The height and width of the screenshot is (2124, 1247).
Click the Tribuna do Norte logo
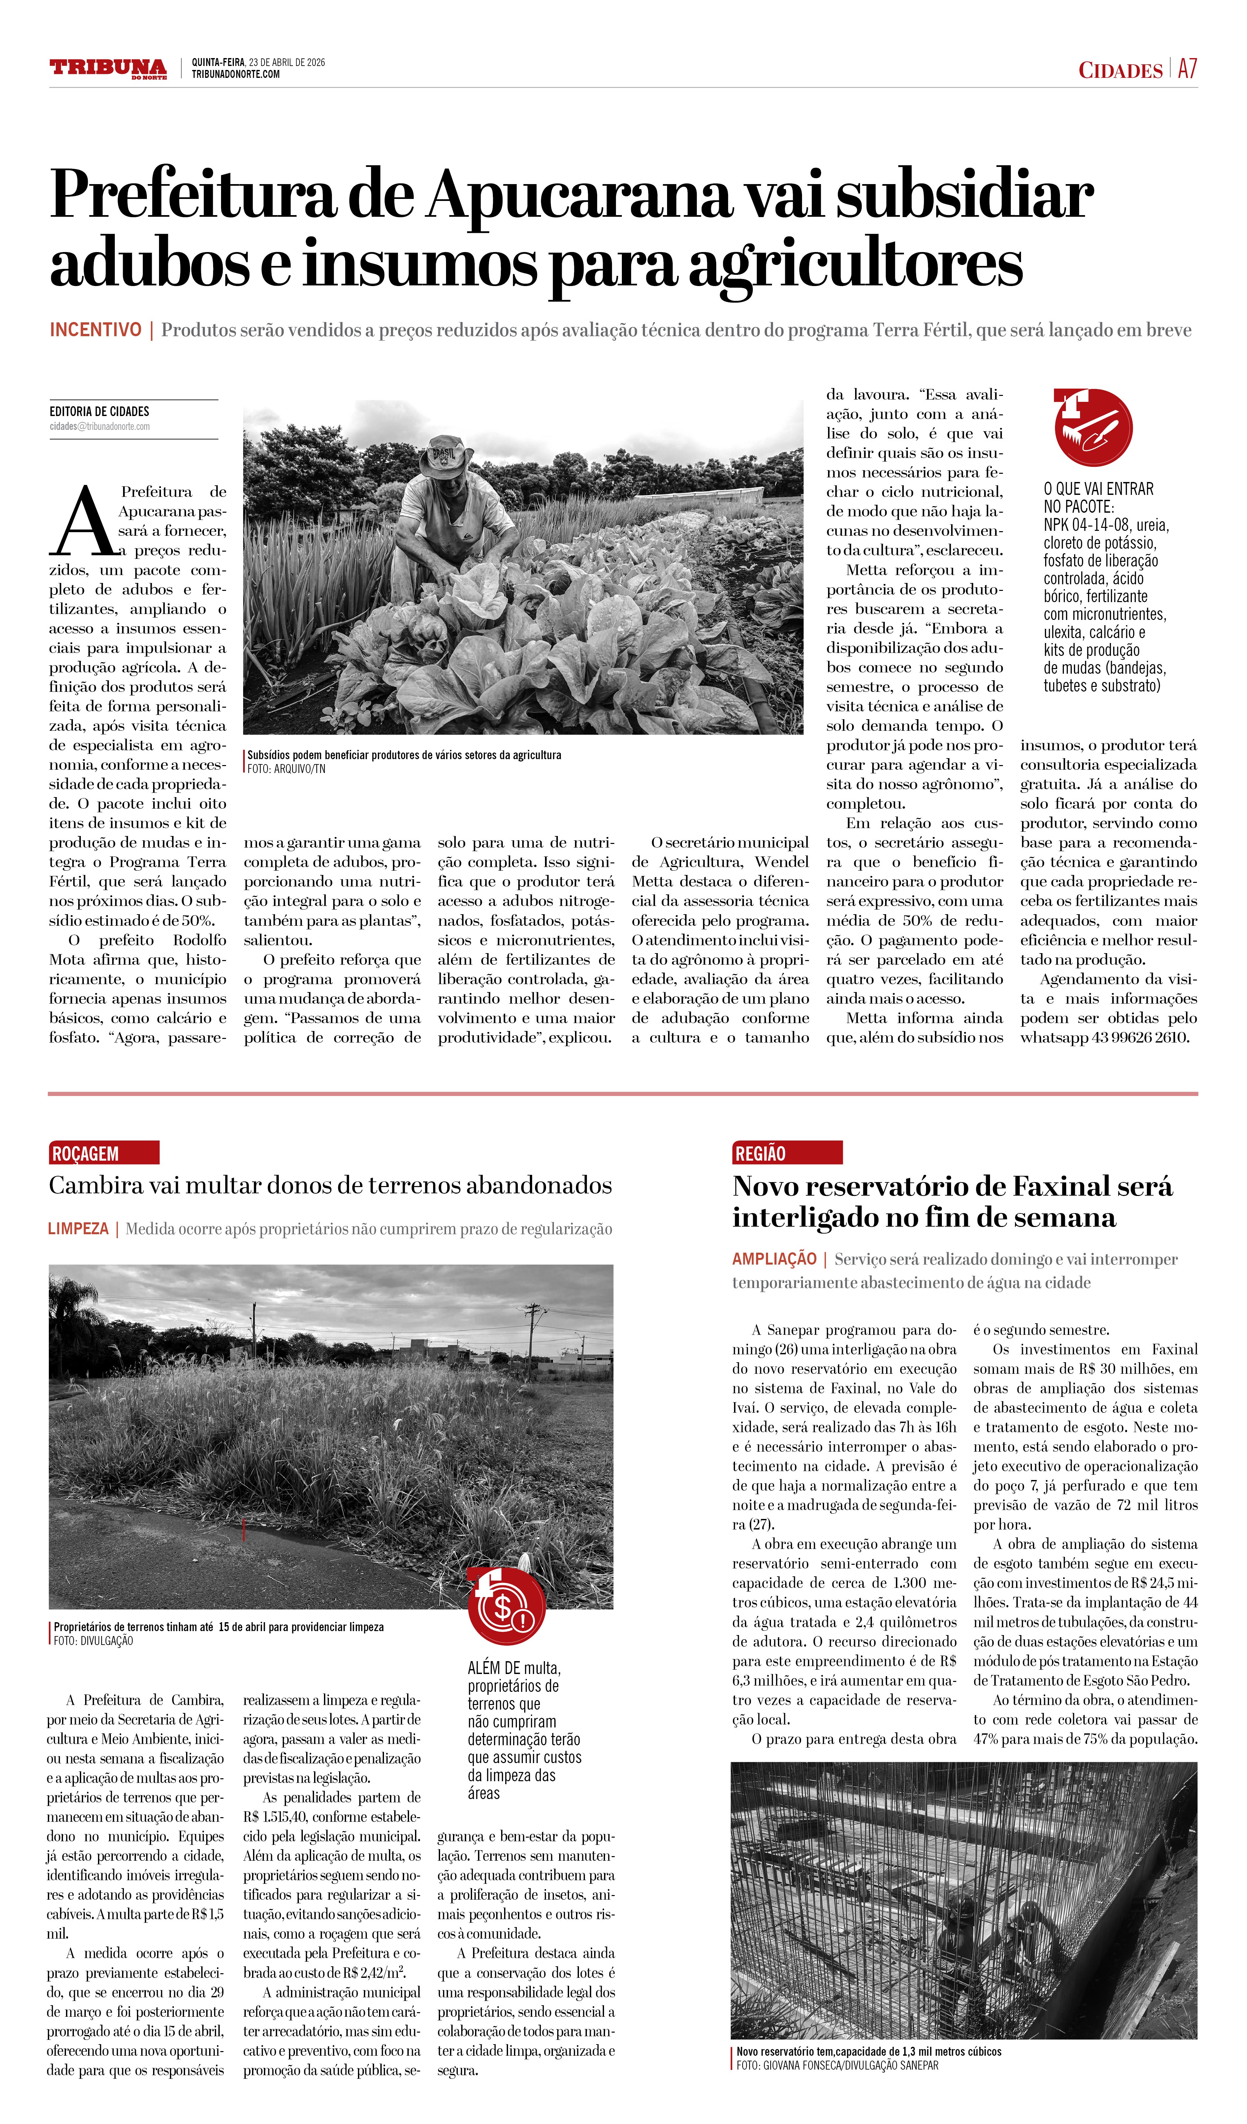point(108,68)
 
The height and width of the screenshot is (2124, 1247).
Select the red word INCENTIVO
point(95,330)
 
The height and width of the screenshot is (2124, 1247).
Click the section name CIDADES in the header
point(1120,70)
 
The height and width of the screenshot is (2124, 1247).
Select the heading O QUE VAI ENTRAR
point(1098,489)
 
